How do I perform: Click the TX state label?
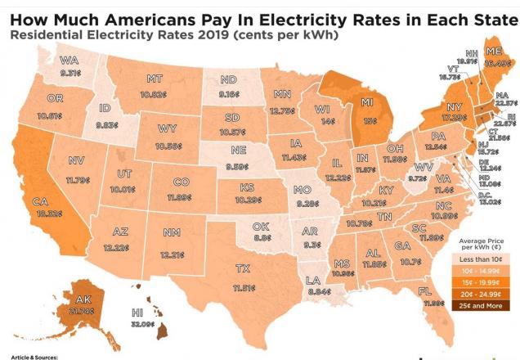point(243,268)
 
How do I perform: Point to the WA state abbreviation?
point(69,60)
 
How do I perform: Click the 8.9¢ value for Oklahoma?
point(262,237)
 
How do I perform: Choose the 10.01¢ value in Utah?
point(124,188)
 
